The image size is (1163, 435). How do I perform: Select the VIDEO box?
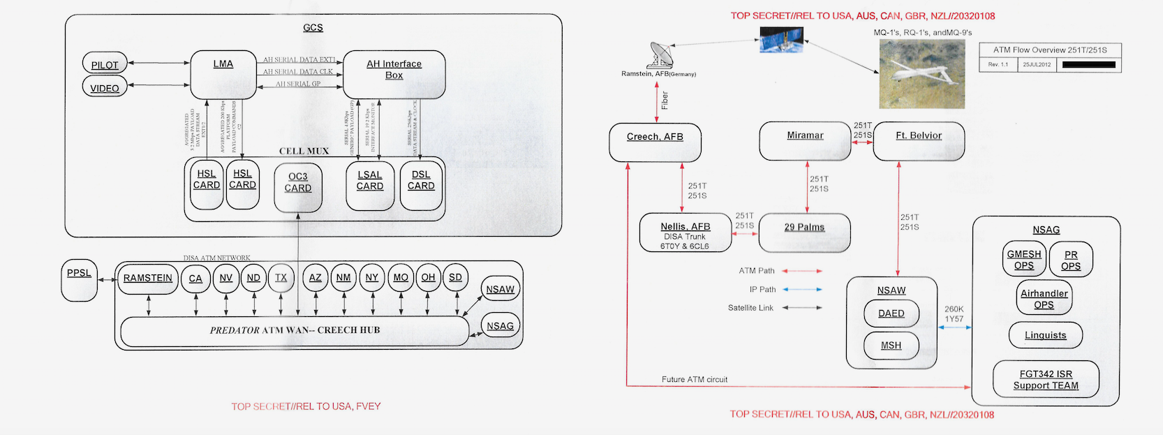pyautogui.click(x=105, y=87)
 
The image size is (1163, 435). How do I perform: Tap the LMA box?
pyautogui.click(x=223, y=74)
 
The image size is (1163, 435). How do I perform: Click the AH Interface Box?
pyautogui.click(x=394, y=74)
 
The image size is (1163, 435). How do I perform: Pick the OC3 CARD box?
pyautogui.click(x=298, y=186)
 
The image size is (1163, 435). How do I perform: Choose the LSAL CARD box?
pyautogui.click(x=370, y=185)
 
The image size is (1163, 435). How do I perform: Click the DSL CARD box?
pyautogui.click(x=421, y=185)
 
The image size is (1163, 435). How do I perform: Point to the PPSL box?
pyautogui.click(x=79, y=280)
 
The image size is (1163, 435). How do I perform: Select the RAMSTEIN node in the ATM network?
pyautogui.click(x=148, y=279)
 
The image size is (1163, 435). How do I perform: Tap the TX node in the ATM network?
pyautogui.click(x=281, y=278)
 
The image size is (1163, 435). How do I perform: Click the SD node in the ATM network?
pyautogui.click(x=455, y=278)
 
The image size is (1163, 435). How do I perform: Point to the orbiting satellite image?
pyautogui.click(x=782, y=40)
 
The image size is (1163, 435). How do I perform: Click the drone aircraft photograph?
pyautogui.click(x=921, y=73)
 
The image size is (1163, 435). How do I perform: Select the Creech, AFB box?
pyautogui.click(x=655, y=142)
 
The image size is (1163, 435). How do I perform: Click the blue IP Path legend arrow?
pyautogui.click(x=802, y=289)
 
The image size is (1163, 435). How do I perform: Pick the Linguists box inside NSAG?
pyautogui.click(x=1046, y=335)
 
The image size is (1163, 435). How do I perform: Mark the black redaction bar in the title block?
pyautogui.click(x=1088, y=65)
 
